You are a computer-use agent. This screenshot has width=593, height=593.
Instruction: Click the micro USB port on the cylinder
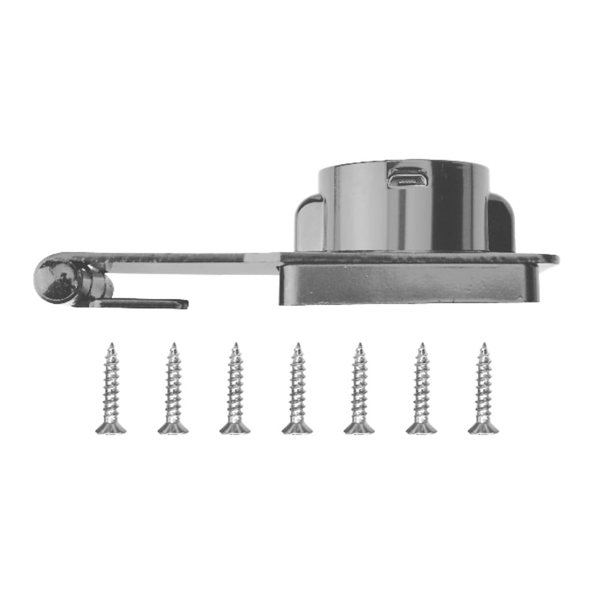tap(407, 178)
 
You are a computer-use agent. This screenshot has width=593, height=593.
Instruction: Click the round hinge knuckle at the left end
tap(57, 279)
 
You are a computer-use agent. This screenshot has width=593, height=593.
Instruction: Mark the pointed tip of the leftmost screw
tap(111, 346)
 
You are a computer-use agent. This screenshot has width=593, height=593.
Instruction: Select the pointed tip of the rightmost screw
tap(483, 346)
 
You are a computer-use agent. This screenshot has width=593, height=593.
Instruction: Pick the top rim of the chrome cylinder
tap(404, 164)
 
